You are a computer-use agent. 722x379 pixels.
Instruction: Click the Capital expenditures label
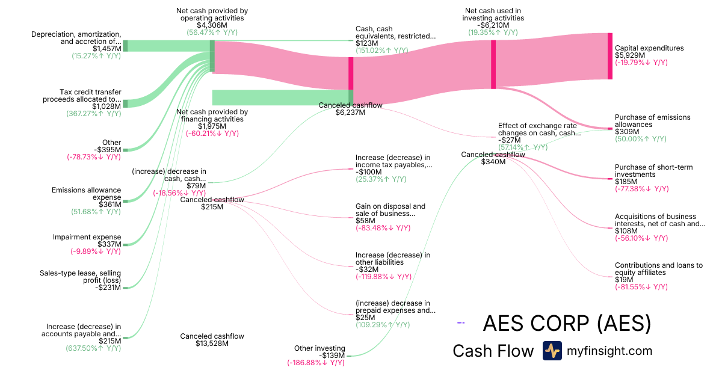649,48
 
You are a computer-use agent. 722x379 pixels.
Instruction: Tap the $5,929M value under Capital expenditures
630,55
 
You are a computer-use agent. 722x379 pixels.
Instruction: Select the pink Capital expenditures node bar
609,56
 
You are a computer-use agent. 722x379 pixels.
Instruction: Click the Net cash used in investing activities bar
493,64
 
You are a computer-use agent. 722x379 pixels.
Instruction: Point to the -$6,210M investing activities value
495,25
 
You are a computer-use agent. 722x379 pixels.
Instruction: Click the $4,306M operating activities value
212,25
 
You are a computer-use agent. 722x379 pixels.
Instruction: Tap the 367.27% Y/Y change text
93,113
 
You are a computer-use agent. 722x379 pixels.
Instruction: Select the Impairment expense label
87,237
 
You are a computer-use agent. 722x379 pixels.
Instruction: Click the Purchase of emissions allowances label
652,121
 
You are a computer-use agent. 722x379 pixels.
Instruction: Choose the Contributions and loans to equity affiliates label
658,269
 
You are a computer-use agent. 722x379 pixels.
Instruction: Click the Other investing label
319,348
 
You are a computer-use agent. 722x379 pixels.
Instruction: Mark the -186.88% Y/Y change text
316,363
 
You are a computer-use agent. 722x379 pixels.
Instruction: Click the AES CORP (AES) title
567,324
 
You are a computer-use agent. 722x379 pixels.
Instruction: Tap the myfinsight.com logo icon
552,351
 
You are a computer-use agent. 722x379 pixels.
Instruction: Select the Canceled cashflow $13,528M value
212,344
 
